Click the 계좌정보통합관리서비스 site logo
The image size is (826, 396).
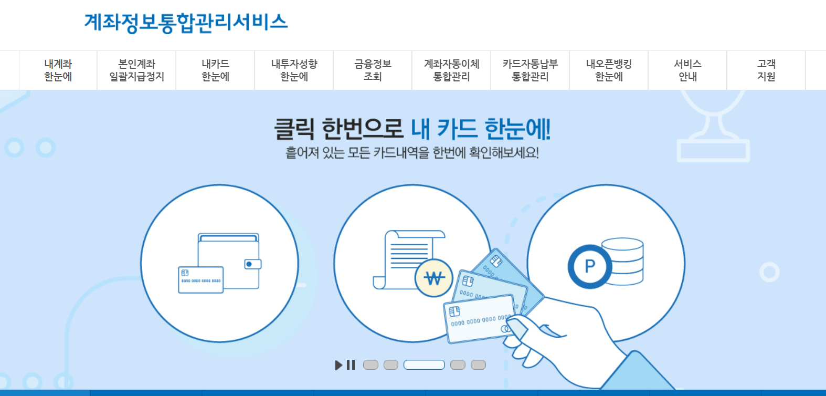(186, 23)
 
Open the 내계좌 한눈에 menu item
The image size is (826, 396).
(58, 70)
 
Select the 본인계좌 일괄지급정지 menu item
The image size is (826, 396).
(136, 70)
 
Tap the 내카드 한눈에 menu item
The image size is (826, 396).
(215, 70)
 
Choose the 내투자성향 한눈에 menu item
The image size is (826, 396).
(294, 70)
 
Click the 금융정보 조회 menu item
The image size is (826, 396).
(373, 70)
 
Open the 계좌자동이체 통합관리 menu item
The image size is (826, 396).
(451, 70)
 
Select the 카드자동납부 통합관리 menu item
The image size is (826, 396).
(530, 70)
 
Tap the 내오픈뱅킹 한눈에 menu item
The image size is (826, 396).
(609, 70)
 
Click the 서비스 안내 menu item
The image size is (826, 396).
(687, 70)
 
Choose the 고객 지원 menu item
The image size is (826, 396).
(766, 70)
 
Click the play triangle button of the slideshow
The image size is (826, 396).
(338, 365)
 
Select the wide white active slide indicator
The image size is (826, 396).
(424, 365)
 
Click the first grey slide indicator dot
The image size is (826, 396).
(370, 365)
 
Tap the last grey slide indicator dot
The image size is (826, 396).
(478, 365)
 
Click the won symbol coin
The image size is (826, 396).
(434, 278)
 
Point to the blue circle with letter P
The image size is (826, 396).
(589, 266)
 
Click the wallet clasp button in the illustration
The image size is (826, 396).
(252, 264)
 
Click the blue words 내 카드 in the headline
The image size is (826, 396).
(443, 129)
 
